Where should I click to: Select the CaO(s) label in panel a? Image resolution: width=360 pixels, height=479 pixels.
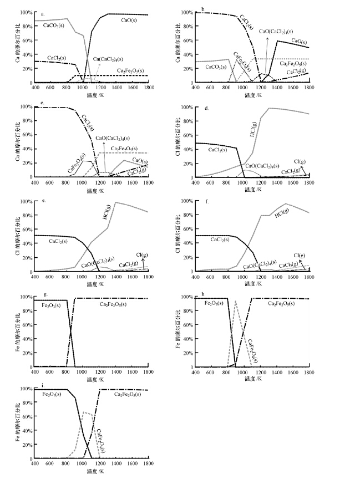[130, 20]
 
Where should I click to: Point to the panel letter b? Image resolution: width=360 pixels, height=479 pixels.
[203, 9]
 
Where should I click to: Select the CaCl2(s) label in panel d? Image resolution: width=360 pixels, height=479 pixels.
[220, 150]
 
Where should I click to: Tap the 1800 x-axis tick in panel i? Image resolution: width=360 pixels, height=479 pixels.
[148, 464]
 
